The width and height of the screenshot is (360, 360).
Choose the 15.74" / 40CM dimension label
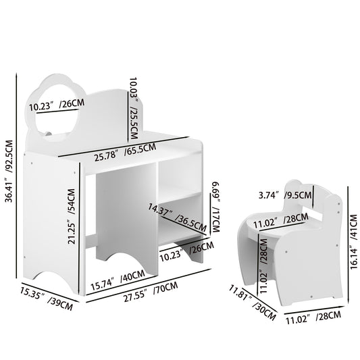119,277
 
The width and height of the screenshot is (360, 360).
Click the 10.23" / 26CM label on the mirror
56,105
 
